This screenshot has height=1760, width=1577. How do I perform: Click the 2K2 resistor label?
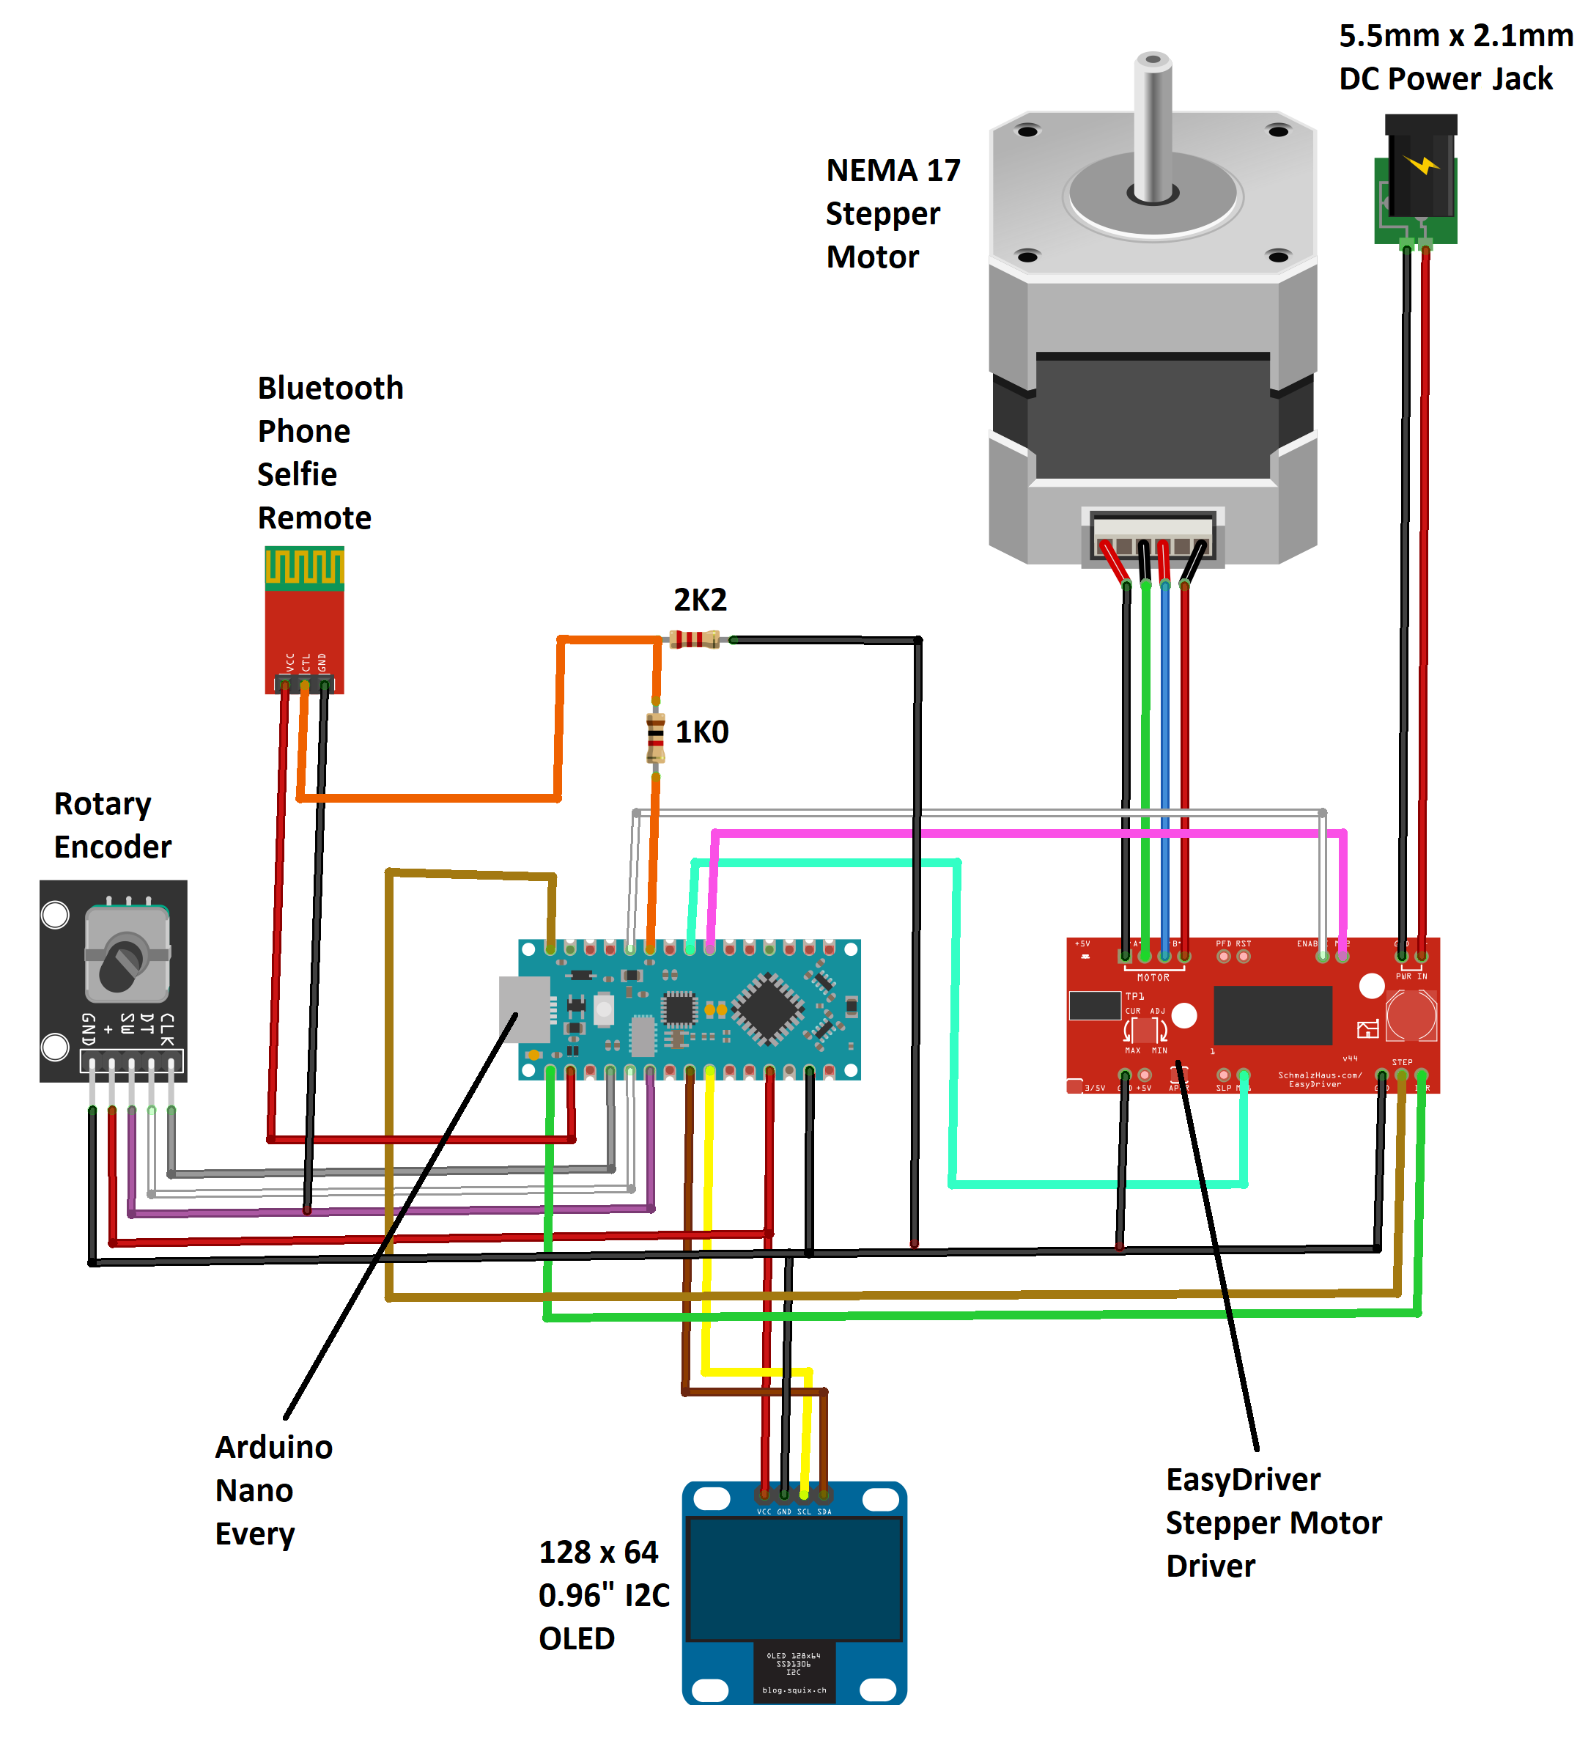pyautogui.click(x=700, y=600)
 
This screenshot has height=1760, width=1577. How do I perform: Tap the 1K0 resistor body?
pyautogui.click(x=656, y=737)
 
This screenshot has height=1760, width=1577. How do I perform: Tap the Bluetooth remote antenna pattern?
pyautogui.click(x=304, y=567)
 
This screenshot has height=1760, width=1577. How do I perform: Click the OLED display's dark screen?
pyautogui.click(x=794, y=1577)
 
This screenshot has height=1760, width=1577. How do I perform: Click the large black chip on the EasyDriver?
pyautogui.click(x=1272, y=1015)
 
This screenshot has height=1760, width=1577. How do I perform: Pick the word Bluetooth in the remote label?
pyautogui.click(x=330, y=389)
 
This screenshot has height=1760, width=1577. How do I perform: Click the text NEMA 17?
pyautogui.click(x=893, y=171)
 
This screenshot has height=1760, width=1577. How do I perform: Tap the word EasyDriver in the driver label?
pyautogui.click(x=1243, y=1479)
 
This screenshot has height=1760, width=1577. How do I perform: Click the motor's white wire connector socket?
pyautogui.click(x=1153, y=537)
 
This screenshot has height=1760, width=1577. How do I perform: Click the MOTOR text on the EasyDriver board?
pyautogui.click(x=1153, y=977)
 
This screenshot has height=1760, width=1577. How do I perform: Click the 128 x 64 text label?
pyautogui.click(x=598, y=1552)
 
